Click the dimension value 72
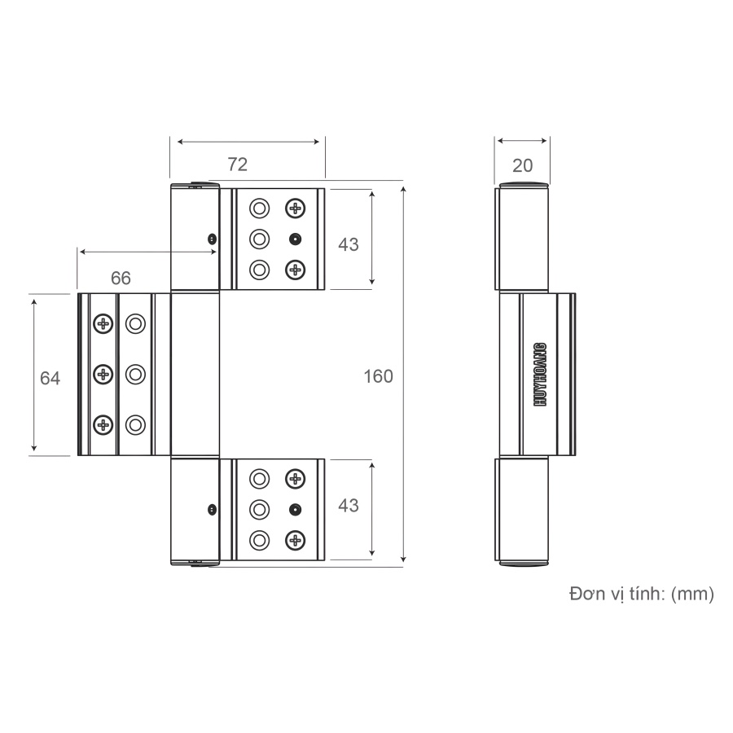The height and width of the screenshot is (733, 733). coord(237,165)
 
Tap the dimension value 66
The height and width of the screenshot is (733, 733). coord(121,278)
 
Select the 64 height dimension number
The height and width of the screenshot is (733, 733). coord(50,379)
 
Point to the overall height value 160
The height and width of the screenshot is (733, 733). coord(378,376)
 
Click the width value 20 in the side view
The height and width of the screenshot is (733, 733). coord(522,165)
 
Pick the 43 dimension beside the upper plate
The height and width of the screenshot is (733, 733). coord(348,244)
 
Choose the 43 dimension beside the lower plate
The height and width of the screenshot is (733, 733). coord(348,506)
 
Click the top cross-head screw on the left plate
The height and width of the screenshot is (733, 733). coord(103,324)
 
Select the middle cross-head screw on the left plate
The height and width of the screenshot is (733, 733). coord(103,374)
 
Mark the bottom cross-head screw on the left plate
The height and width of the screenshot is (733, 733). coord(103,424)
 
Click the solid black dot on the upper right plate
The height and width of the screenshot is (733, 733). coord(295,239)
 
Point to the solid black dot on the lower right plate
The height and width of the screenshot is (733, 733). coord(295,510)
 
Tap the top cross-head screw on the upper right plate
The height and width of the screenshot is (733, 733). coord(295,208)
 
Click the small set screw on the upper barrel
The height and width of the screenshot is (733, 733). coord(212,239)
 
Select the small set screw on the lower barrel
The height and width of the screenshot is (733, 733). coord(212,510)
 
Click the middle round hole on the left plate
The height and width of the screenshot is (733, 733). coord(135,374)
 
